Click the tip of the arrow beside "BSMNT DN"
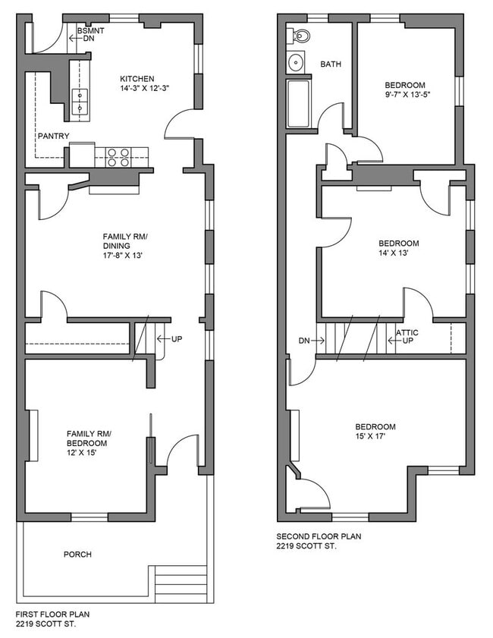click(70, 39)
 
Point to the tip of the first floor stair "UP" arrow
click(158, 338)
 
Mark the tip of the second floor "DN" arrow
click(324, 341)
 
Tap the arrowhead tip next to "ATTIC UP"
click(388, 341)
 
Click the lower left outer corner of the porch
click(17, 603)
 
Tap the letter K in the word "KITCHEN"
click(122, 79)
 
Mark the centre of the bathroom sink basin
click(296, 63)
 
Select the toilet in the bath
click(298, 36)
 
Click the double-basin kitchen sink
click(80, 102)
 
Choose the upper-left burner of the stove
click(111, 153)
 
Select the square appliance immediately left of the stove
click(82, 155)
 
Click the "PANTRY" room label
click(54, 136)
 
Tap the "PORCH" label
click(77, 555)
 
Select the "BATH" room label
click(331, 64)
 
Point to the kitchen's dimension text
click(144, 88)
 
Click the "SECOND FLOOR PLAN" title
click(319, 536)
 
